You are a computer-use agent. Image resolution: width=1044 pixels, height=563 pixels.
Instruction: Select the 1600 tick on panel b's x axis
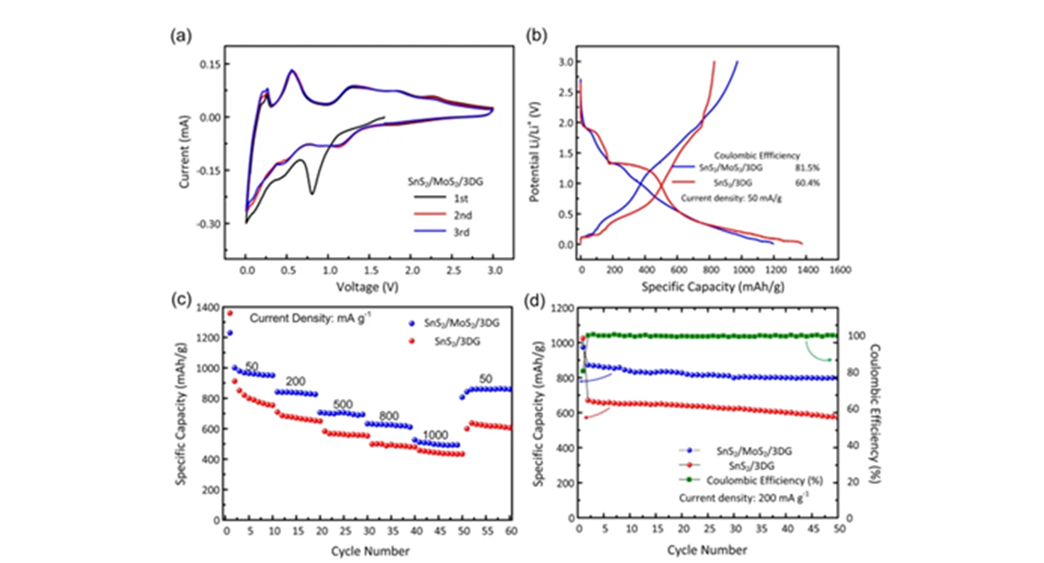click(x=838, y=270)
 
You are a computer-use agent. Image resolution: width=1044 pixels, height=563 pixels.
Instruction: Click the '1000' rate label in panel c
click(x=436, y=435)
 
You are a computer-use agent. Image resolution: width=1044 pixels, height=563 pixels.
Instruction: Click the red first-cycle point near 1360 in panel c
click(x=230, y=313)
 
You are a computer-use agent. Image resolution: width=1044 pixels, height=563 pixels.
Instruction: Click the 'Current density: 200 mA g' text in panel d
click(x=736, y=498)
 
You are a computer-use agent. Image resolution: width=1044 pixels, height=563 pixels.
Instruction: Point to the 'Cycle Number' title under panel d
click(x=707, y=549)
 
